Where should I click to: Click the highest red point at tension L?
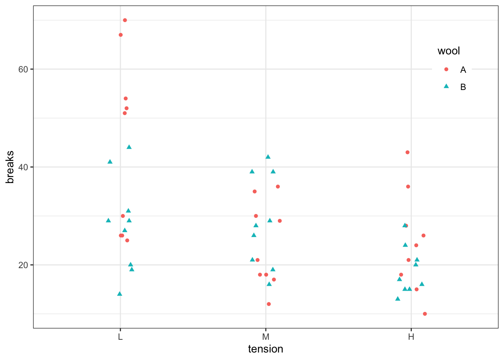pyautogui.click(x=125, y=20)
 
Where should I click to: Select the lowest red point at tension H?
pyautogui.click(x=425, y=314)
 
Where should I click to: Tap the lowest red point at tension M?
pyautogui.click(x=269, y=304)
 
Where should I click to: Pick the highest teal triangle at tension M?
pyautogui.click(x=268, y=157)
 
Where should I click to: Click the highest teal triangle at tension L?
pyautogui.click(x=129, y=147)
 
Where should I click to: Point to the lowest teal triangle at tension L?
pyautogui.click(x=120, y=294)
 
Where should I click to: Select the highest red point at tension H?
pyautogui.click(x=408, y=152)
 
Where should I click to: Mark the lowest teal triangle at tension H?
pyautogui.click(x=398, y=299)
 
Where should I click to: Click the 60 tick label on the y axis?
pyautogui.click(x=23, y=69)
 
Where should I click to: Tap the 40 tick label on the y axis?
pyautogui.click(x=23, y=167)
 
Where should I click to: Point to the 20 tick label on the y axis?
pyautogui.click(x=23, y=265)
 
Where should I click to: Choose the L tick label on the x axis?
pyautogui.click(x=120, y=337)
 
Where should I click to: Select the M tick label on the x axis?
pyautogui.click(x=266, y=337)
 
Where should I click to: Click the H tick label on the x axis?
pyautogui.click(x=411, y=337)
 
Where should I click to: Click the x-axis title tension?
pyautogui.click(x=265, y=349)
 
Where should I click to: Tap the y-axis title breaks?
pyautogui.click(x=10, y=167)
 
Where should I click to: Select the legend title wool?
pyautogui.click(x=448, y=51)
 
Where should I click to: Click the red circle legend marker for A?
pyautogui.click(x=446, y=69)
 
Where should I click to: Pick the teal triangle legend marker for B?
pyautogui.click(x=446, y=86)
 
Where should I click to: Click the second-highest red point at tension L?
pyautogui.click(x=121, y=35)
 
